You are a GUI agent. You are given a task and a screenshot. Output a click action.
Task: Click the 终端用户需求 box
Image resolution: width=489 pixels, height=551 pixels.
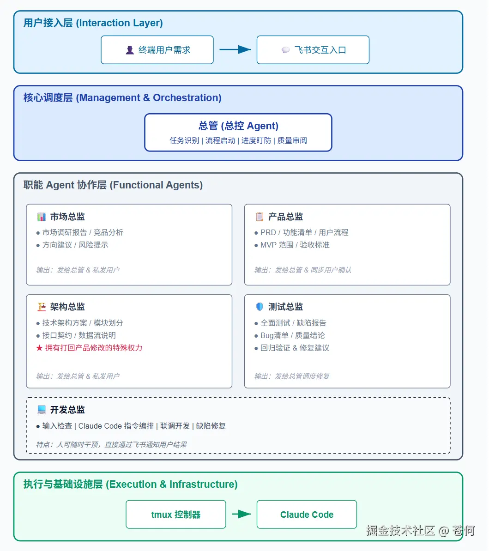point(157,50)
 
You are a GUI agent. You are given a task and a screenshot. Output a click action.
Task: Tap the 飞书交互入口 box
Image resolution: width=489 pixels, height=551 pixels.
point(313,50)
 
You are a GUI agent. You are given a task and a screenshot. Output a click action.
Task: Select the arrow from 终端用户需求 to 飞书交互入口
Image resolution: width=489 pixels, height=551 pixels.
point(235,49)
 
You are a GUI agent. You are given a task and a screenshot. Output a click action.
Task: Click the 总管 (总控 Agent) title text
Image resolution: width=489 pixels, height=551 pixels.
point(238,126)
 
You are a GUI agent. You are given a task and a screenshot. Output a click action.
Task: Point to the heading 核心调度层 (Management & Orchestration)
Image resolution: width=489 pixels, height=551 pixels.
point(122,98)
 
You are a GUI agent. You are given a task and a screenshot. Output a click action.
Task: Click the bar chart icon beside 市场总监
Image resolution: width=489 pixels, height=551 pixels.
point(42,217)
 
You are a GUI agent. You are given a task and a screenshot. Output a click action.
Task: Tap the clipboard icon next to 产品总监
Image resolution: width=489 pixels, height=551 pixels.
point(260,217)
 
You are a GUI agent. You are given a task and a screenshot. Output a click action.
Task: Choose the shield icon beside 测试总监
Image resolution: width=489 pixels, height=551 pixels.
point(260,307)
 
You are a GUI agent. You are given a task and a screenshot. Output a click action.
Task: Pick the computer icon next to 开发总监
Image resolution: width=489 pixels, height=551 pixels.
point(42,410)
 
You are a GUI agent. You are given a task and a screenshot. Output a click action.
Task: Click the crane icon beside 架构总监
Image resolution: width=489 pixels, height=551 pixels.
point(42,307)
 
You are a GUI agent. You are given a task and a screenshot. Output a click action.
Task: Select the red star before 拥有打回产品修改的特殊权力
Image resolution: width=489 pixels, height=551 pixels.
point(39,348)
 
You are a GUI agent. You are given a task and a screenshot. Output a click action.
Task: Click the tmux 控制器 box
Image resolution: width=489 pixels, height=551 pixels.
point(176,515)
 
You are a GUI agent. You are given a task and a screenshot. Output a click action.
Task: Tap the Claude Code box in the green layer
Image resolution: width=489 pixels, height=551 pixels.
point(307,515)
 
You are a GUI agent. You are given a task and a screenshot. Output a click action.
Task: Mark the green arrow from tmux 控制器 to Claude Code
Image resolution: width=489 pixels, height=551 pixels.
point(241,514)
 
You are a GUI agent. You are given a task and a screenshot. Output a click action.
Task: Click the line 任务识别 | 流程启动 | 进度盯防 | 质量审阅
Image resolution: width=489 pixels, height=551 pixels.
point(238,140)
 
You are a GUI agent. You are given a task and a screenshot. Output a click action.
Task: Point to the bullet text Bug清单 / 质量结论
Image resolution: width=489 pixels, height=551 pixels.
point(292,335)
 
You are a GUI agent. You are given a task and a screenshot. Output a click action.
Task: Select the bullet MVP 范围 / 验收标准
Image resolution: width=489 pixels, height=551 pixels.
point(295,245)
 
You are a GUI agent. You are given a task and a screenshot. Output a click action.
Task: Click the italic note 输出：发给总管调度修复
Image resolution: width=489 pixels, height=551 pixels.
point(292,376)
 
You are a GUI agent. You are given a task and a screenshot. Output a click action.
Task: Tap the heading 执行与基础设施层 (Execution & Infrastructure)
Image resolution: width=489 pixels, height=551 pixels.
point(131,484)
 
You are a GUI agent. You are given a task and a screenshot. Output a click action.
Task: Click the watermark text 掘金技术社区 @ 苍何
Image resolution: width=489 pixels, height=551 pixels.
point(420,530)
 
